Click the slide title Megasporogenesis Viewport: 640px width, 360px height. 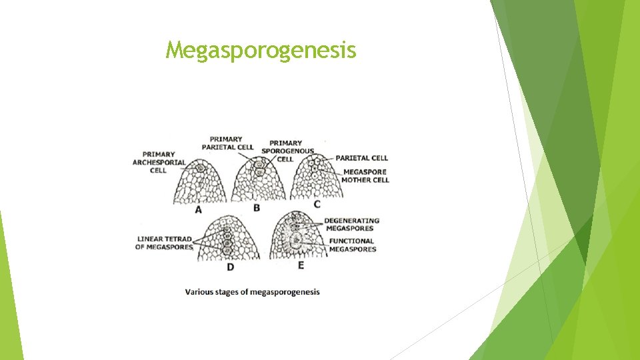[261, 50]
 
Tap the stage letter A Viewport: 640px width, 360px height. [198, 210]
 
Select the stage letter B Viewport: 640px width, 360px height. [257, 208]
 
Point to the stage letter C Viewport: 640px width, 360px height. [317, 203]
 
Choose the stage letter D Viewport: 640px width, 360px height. [230, 267]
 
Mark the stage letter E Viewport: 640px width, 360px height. [301, 265]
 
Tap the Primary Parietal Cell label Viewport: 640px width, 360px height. [227, 143]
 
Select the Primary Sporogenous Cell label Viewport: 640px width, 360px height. [286, 151]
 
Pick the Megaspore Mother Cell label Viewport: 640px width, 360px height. [365, 175]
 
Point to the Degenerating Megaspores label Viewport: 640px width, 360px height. [351, 224]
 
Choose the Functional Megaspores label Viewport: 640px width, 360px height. [352, 245]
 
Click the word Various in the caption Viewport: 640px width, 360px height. [198, 291]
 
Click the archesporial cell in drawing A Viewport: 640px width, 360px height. [200, 168]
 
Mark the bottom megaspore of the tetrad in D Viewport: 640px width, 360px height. [227, 251]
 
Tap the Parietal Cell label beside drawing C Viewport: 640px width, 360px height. [361, 158]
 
